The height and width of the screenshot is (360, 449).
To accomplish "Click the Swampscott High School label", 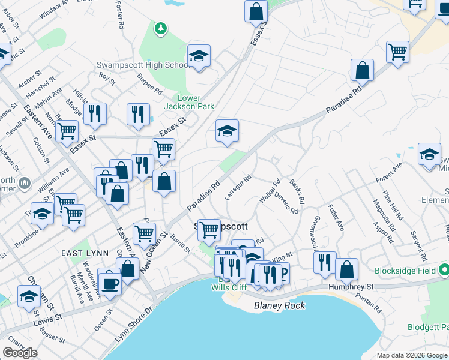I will click(x=143, y=65).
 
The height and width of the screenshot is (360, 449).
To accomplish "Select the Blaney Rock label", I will click(x=279, y=305).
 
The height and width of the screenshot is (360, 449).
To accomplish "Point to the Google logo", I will click(x=20, y=353).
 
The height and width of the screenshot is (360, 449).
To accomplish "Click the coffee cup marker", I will click(x=110, y=283).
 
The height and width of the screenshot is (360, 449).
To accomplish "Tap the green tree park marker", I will click(x=160, y=28).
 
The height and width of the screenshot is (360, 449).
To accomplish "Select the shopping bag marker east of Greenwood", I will click(x=347, y=269).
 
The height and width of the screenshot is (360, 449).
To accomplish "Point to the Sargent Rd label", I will click(x=418, y=242).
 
